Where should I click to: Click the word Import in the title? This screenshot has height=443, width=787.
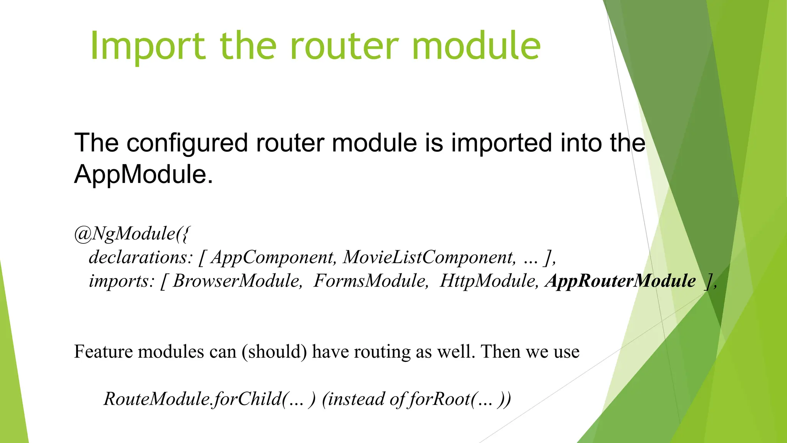[148, 46]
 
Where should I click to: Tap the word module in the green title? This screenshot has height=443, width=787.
[476, 46]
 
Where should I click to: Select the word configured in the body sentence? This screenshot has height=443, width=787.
[187, 143]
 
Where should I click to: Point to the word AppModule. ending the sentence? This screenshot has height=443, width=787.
[143, 174]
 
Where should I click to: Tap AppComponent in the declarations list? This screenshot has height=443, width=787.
[273, 257]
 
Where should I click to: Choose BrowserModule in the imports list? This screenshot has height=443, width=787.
[237, 281]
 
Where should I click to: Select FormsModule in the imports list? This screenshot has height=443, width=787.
[370, 281]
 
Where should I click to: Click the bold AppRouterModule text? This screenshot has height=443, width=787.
[621, 281]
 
